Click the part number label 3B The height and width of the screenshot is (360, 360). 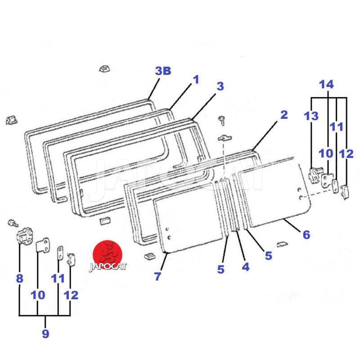coord(163,71)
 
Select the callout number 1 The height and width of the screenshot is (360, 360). coord(196,80)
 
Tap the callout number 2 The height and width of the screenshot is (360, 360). coord(283,115)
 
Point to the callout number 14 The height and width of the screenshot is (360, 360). coord(327,84)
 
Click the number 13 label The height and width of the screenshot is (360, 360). coord(310,116)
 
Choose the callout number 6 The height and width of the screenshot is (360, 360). coord(306,234)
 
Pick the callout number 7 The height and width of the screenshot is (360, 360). coord(157,276)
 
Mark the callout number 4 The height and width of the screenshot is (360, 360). coord(245,267)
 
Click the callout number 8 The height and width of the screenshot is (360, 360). coord(19,279)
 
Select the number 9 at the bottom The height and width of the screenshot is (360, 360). coord(45,333)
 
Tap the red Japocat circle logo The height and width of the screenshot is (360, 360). coord(107,252)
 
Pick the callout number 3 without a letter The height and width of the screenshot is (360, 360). coord(220,86)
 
